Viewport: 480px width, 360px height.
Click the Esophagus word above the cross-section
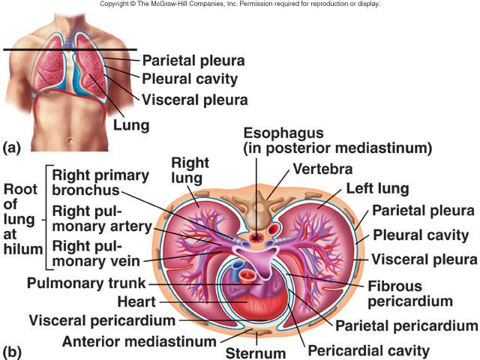(283, 133)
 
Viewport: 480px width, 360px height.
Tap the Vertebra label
(322, 169)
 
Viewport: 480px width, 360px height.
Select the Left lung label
(377, 188)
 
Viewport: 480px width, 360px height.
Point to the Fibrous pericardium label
(410, 294)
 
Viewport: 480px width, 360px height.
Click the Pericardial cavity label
(368, 350)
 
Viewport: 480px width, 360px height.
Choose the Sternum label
(256, 353)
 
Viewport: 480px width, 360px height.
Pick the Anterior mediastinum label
(139, 341)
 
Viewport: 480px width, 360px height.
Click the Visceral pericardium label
(102, 321)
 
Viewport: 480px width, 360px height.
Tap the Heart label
(136, 301)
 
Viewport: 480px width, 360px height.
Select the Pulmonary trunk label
(86, 283)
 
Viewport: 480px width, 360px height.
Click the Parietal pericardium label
(406, 325)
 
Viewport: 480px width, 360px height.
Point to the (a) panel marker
(12, 148)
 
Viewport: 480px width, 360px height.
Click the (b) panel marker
(12, 352)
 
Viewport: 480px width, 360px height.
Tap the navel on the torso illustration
(70, 141)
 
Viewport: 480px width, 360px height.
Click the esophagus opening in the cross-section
(256, 237)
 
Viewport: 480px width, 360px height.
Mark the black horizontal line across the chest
(70, 49)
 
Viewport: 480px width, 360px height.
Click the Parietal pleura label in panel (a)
(193, 61)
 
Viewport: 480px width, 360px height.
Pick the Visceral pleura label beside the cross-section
(424, 259)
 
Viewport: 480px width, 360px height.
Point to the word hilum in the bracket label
(23, 249)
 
